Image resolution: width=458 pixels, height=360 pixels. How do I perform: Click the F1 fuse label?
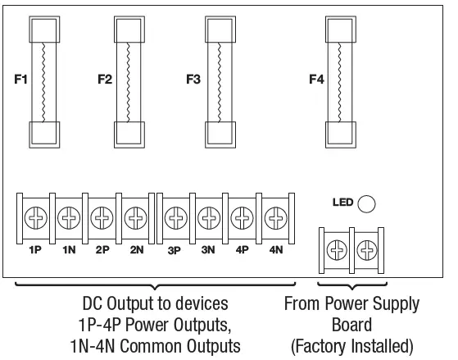[x=21, y=80]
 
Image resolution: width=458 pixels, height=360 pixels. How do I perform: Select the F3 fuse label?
[x=193, y=80]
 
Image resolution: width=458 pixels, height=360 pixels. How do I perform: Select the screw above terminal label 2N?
[x=135, y=219]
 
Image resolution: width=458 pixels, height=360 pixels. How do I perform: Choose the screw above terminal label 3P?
[x=175, y=219]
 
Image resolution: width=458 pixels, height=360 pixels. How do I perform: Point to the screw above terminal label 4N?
[x=275, y=219]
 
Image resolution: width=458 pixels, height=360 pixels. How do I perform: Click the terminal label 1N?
[x=68, y=249]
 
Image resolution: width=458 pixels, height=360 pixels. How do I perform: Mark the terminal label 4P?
[x=242, y=249]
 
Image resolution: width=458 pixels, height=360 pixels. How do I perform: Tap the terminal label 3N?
[x=209, y=249]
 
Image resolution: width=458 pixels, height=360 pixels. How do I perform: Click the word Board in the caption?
[x=352, y=325]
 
